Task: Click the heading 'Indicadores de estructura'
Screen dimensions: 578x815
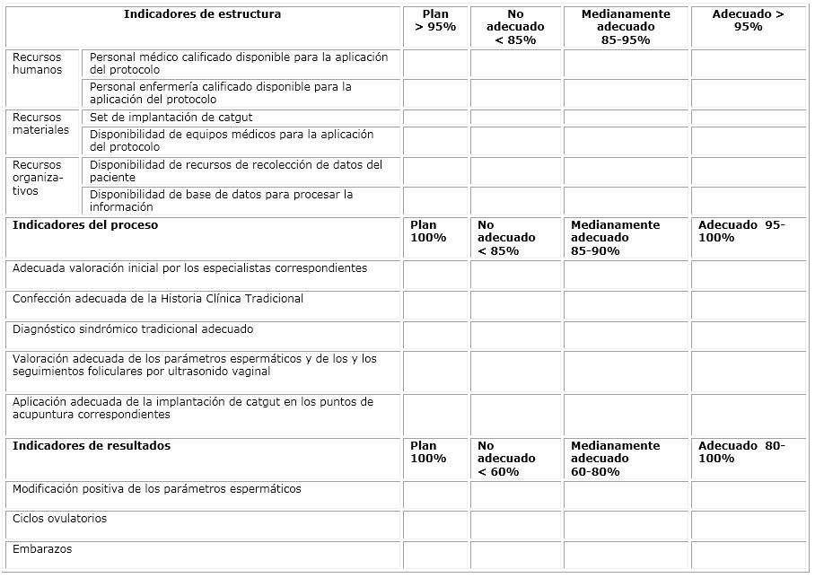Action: click(202, 14)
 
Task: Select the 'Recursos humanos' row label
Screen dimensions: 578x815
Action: click(37, 64)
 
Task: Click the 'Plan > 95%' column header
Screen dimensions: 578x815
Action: click(435, 21)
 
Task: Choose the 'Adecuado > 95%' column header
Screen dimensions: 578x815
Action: click(748, 21)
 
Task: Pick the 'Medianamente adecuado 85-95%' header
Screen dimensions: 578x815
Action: click(626, 27)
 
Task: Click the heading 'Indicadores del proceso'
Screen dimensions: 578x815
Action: click(85, 225)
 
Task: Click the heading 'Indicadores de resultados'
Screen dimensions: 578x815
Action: click(92, 446)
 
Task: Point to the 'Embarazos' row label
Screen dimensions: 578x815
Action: click(42, 548)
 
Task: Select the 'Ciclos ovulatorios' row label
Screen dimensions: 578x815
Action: click(59, 519)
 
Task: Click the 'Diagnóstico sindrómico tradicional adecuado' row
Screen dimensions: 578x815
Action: click(133, 329)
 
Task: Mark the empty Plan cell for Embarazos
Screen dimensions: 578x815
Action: click(435, 555)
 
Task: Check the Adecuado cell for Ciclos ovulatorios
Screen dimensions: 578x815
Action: click(748, 525)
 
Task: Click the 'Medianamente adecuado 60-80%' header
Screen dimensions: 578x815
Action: click(615, 459)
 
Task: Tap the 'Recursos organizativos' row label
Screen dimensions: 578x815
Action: click(38, 178)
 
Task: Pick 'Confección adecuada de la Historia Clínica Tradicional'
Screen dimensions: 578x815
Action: click(158, 299)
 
